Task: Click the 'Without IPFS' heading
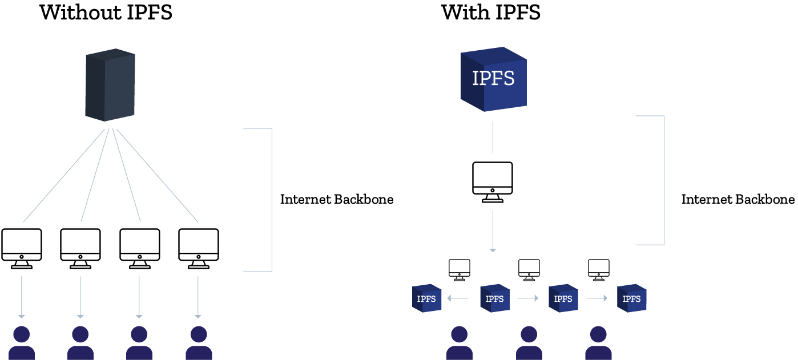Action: (x=106, y=13)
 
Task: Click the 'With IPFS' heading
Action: (x=491, y=13)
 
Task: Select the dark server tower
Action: (x=110, y=85)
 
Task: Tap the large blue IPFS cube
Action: (x=493, y=79)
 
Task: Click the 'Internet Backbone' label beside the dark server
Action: (x=337, y=200)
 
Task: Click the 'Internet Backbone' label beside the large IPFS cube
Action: (x=738, y=200)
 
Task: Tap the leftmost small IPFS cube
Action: (x=427, y=298)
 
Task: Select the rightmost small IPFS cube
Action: (x=631, y=298)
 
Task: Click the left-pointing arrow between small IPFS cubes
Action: (x=457, y=298)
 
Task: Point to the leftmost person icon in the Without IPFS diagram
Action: (x=22, y=343)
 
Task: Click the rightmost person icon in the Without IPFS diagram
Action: (x=198, y=343)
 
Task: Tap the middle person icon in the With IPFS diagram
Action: (x=529, y=343)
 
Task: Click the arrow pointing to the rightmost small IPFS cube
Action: (x=597, y=298)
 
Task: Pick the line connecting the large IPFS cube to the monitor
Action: (x=493, y=137)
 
